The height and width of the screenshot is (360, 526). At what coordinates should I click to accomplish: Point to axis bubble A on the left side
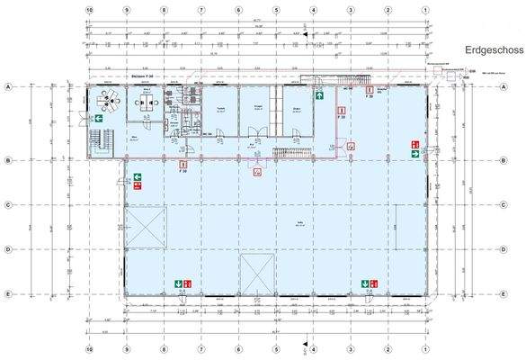(x=8, y=86)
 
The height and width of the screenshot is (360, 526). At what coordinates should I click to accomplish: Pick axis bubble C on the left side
(x=8, y=204)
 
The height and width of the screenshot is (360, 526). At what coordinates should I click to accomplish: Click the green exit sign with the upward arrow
(x=318, y=93)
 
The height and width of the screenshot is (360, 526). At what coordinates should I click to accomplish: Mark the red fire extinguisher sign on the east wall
(x=415, y=144)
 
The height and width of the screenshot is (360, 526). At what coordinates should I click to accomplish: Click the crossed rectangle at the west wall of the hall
(x=146, y=228)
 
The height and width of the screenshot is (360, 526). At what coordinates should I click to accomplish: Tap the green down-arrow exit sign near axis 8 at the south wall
(x=180, y=284)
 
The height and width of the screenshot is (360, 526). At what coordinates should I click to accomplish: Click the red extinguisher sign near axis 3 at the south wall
(x=375, y=284)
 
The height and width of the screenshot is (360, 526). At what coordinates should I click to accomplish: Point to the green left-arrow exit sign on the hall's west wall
(x=138, y=177)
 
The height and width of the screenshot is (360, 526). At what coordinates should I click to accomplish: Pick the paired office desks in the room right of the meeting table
(x=145, y=103)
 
